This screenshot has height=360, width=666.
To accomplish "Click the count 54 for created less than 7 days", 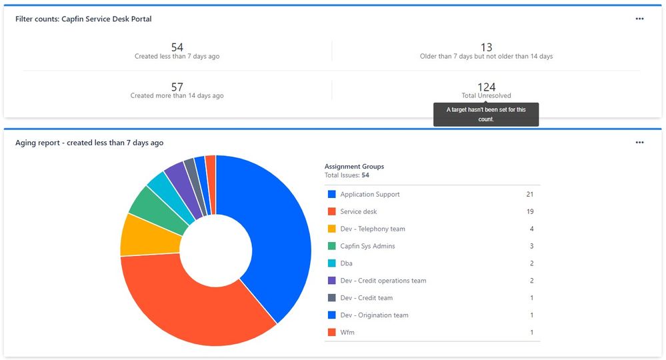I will pyautogui.click(x=177, y=47).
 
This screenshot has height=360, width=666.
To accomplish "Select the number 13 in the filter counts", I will pyautogui.click(x=486, y=47).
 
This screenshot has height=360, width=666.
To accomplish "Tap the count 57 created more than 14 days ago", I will pyautogui.click(x=177, y=87).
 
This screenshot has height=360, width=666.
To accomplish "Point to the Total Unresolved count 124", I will pyautogui.click(x=486, y=87).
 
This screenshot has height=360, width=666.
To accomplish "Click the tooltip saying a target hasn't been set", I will pyautogui.click(x=486, y=114).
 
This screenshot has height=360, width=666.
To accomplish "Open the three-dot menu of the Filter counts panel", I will pyautogui.click(x=639, y=19).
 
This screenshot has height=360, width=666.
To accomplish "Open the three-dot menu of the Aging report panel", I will pyautogui.click(x=639, y=142).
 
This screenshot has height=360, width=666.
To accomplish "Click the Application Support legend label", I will pyautogui.click(x=370, y=195).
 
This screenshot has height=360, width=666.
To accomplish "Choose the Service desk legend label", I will pyautogui.click(x=358, y=212).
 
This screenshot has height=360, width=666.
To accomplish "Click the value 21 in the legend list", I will pyautogui.click(x=530, y=195).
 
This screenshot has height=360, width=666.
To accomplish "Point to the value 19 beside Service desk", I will pyautogui.click(x=530, y=212).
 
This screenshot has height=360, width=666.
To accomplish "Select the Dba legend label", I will pyautogui.click(x=347, y=263).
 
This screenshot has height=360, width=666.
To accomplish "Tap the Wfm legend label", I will pyautogui.click(x=347, y=333).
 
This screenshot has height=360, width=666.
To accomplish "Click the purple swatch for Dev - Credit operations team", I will pyautogui.click(x=331, y=281).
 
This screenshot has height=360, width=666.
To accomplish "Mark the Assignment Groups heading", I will pyautogui.click(x=354, y=167).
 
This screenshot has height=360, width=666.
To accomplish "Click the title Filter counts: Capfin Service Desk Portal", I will pyautogui.click(x=83, y=19).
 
